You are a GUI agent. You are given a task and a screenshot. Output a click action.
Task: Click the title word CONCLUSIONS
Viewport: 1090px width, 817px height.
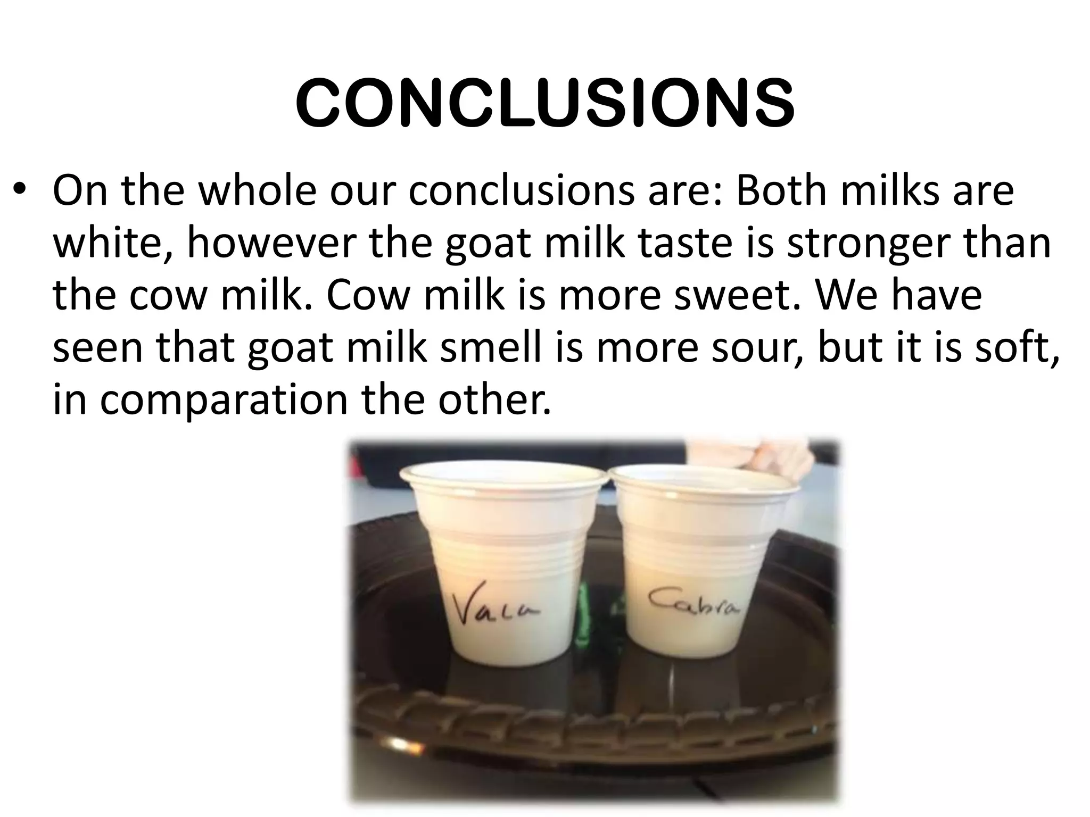click(x=544, y=104)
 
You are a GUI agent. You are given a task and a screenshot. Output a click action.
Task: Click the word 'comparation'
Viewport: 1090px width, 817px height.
click(x=224, y=400)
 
